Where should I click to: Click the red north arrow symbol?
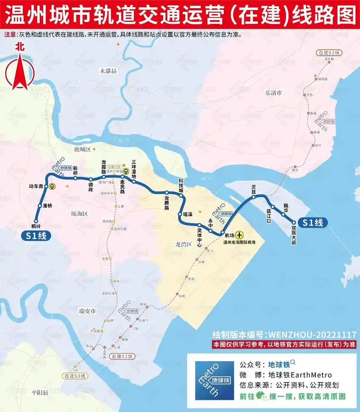(x=19, y=65)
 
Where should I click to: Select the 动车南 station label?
(x=36, y=186)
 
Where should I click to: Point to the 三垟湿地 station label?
(x=134, y=168)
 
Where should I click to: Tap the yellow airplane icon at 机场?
(x=238, y=235)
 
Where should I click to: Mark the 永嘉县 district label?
(x=108, y=71)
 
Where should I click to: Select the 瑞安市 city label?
(x=88, y=311)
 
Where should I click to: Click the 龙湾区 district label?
(x=184, y=244)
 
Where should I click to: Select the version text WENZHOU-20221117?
(x=312, y=335)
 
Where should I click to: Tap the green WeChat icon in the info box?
(x=260, y=396)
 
